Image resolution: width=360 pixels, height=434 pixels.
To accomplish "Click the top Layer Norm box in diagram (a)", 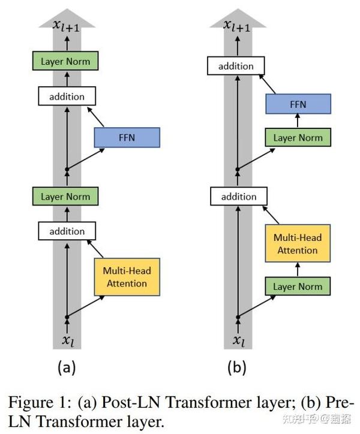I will coord(65,61).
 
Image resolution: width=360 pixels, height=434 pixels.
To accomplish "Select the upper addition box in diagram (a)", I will coord(67,96).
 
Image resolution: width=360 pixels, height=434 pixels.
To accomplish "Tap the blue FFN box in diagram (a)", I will coord(127,137).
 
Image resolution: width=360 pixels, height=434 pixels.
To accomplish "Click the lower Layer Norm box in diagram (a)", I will coord(65,196).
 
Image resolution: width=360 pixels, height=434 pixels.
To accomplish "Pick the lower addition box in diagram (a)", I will coord(67,231).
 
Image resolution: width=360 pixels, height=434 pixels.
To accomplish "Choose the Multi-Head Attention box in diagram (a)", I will coord(128,276).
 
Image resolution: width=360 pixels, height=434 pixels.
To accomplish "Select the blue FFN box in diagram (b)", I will coord(298,104).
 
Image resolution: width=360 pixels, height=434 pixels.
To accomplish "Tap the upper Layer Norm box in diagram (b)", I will coord(298,137).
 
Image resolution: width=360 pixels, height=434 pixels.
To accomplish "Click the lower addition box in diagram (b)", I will coord(238,196).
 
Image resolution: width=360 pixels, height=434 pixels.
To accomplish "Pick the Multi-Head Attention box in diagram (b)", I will coord(298,243).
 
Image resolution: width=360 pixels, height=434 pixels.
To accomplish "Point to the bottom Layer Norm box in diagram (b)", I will coord(298,286).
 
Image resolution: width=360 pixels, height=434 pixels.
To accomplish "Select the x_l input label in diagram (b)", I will coord(238,340).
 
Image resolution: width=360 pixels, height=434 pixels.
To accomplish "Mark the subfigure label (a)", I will coord(66,367).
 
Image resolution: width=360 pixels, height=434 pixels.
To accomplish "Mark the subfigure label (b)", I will coord(238,367).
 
